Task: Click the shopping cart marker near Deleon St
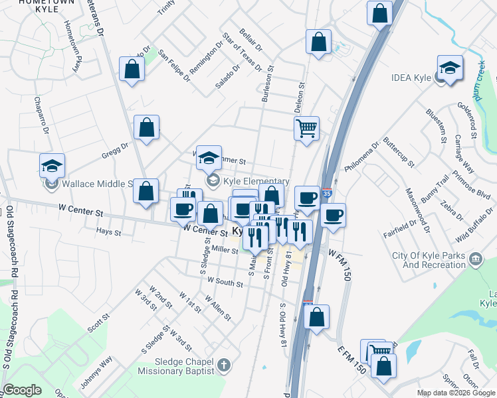tap(307, 127)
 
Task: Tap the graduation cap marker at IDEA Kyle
tap(450, 68)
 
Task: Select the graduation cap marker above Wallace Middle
tap(51, 166)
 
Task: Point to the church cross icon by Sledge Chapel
tap(224, 365)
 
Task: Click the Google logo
tap(22, 390)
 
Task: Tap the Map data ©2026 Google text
tap(456, 393)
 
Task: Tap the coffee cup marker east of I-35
tap(334, 215)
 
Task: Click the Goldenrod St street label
tap(466, 120)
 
